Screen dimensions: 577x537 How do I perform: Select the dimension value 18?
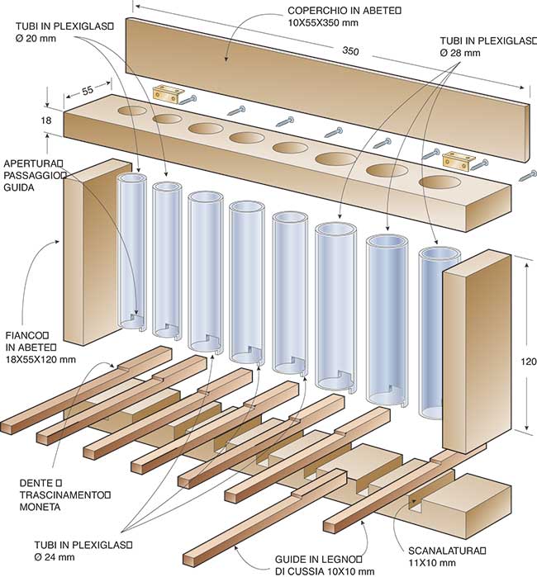coord(48,121)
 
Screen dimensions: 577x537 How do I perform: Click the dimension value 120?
coord(529,362)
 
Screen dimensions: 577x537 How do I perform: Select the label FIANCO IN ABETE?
coord(39,347)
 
